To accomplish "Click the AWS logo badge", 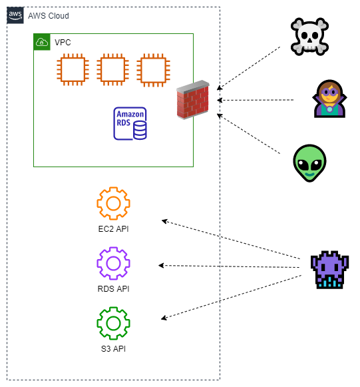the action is (x=15, y=15).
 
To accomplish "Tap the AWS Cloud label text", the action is (x=49, y=16).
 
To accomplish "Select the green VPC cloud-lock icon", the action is (x=42, y=42).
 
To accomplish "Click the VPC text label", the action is (x=63, y=43).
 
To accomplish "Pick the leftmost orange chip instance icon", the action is (x=73, y=69).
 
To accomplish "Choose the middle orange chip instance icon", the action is (x=113, y=69).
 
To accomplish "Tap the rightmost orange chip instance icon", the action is (x=153, y=70).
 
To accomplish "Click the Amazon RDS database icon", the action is (x=130, y=123).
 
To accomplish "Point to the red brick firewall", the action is (x=193, y=100).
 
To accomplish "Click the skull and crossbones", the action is (x=309, y=37).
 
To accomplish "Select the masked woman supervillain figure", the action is (x=329, y=99).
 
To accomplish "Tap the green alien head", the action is (x=309, y=163).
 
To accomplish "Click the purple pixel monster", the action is (x=329, y=270).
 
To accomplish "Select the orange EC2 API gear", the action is (x=113, y=190).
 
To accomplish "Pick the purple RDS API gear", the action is (x=113, y=250).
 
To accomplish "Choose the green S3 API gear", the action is (x=113, y=310).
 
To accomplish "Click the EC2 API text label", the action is (x=113, y=228).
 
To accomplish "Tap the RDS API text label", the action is (x=113, y=289).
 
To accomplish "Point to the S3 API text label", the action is (x=113, y=349).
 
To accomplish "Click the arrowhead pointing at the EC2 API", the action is (x=164, y=221).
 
